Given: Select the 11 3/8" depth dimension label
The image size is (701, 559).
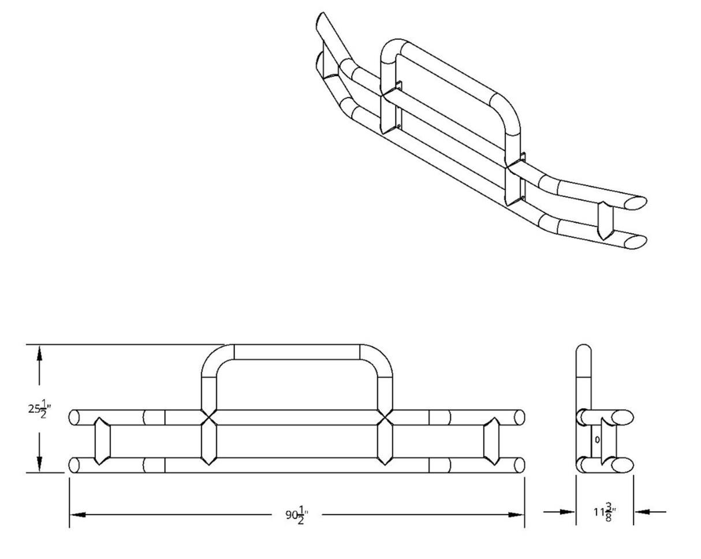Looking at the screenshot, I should click(x=605, y=512).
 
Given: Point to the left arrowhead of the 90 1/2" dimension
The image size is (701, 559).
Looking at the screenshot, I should click(x=77, y=515).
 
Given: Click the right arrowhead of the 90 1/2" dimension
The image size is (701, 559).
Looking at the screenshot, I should click(x=516, y=515).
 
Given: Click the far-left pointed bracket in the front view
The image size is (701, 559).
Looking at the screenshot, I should click(x=102, y=441).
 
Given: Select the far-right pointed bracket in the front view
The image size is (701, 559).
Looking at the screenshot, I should click(x=491, y=441).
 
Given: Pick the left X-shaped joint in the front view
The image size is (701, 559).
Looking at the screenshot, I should click(x=209, y=418).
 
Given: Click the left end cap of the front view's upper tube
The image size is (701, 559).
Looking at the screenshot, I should click(x=73, y=418).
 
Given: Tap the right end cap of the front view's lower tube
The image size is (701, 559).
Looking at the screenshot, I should click(x=519, y=465).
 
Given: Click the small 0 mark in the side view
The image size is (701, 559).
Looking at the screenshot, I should click(x=597, y=440).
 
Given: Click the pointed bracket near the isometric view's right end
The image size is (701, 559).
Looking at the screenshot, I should click(x=603, y=220).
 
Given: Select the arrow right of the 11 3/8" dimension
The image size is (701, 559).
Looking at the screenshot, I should click(x=650, y=511).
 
